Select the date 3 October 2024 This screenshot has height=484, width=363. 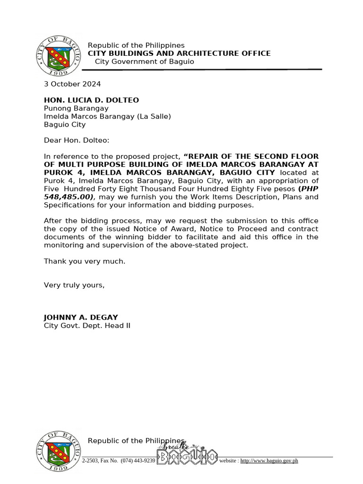coord(72,84)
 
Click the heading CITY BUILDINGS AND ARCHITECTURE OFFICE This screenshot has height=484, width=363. coord(179,53)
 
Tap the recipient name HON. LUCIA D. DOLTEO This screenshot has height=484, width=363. coord(91,100)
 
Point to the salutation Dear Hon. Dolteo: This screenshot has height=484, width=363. coord(77,140)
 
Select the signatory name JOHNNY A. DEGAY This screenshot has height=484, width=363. coord(81,317)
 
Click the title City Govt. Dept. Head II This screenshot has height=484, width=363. coord(87,326)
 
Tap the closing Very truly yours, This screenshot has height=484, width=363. coord(74,285)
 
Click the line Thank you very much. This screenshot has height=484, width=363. coord(85,261)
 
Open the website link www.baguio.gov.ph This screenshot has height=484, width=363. coord(269,460)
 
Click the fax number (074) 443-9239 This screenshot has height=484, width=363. coord(138,460)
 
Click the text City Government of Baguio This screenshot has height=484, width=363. coord(144,62)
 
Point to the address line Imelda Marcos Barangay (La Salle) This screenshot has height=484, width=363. coord(107,116)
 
